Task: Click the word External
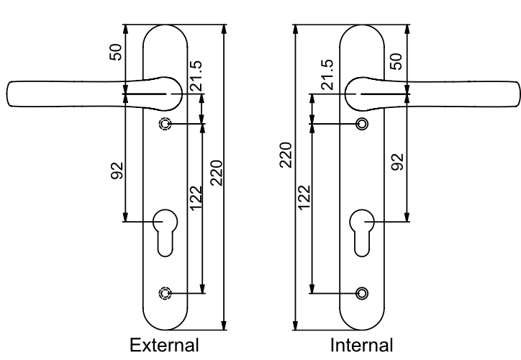(165, 345)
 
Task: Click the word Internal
(361, 345)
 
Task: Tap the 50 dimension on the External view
(116, 52)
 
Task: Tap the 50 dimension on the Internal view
(396, 61)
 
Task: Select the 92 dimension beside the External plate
(117, 171)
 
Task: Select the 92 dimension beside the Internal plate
(397, 162)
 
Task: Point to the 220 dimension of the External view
(217, 173)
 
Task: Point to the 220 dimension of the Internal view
(286, 155)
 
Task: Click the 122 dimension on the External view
(196, 198)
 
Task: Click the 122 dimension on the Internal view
(304, 197)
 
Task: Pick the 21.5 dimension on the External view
(196, 76)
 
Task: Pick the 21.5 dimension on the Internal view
(327, 75)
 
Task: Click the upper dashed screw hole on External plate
(165, 124)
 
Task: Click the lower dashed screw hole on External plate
(165, 293)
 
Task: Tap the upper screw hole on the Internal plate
(362, 124)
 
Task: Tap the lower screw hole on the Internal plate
(362, 294)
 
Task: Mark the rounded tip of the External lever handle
(7, 94)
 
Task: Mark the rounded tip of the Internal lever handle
(520, 94)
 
